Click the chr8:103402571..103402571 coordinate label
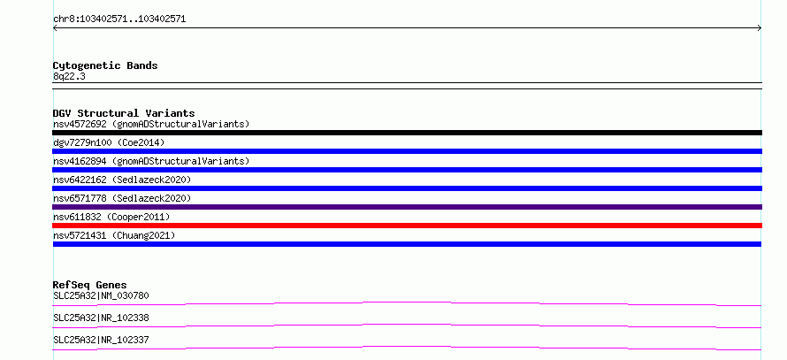tap(119, 19)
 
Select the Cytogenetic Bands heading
tap(105, 65)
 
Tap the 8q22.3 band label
tap(69, 76)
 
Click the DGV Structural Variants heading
tap(124, 113)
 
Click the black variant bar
tap(407, 133)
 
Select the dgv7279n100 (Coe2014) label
tap(109, 143)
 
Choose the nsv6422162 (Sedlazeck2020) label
tap(122, 180)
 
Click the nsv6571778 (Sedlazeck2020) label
tap(122, 198)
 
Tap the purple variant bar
tap(407, 207)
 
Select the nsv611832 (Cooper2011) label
tap(111, 217)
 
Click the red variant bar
tap(407, 226)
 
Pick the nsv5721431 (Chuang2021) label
tap(114, 235)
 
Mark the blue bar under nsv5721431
tap(407, 244)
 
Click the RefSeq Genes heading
tap(90, 285)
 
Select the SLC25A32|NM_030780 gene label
tap(101, 295)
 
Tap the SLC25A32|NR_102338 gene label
tap(101, 318)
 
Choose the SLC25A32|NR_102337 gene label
tap(101, 340)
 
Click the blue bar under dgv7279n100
tap(407, 151)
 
